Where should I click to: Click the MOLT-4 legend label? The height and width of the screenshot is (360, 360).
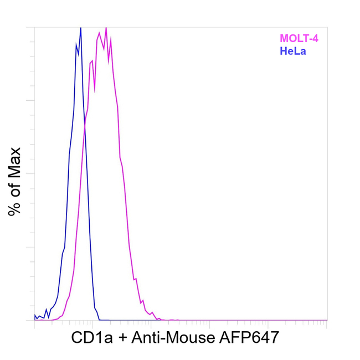[x=299, y=39]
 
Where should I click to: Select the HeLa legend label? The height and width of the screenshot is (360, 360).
[x=293, y=52]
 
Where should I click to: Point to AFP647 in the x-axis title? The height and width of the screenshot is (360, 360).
[x=246, y=337]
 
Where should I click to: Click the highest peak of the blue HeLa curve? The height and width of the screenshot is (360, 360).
[x=80, y=28]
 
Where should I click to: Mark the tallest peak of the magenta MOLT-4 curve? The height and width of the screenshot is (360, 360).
[x=106, y=27]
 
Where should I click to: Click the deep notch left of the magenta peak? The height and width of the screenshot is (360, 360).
[x=94, y=90]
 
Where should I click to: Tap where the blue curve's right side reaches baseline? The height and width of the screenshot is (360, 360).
[x=99, y=320]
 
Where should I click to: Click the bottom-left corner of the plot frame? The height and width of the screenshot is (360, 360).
[x=34, y=320]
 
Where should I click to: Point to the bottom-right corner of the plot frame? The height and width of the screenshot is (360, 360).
[x=327, y=320]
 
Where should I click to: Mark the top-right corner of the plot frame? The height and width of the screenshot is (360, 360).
[x=327, y=27]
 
